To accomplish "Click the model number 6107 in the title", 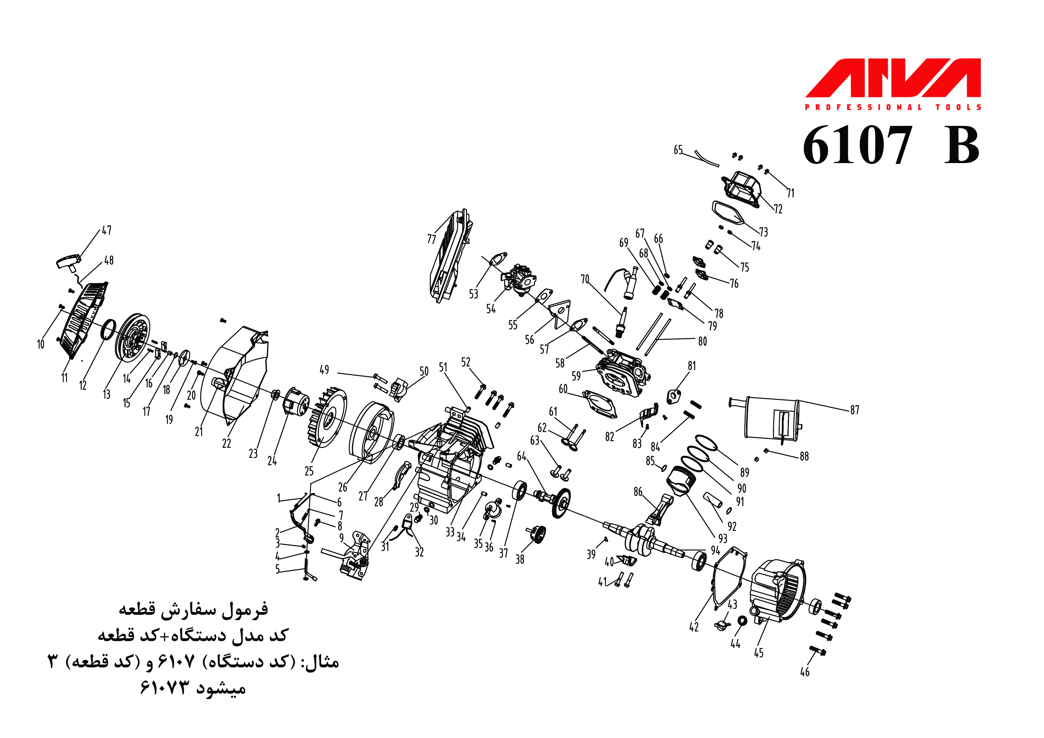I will [x=857, y=146].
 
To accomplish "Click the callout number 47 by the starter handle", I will [x=107, y=231].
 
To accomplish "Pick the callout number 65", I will [x=678, y=150].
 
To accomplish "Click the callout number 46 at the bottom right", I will [x=805, y=672].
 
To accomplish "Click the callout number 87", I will [x=855, y=410].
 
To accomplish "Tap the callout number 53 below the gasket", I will [x=474, y=294].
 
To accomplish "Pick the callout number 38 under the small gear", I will [x=520, y=559].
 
